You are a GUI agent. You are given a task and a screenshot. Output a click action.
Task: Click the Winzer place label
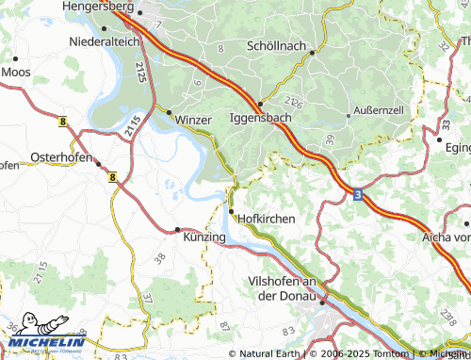click(195, 120)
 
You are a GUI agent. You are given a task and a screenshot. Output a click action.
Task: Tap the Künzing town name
click(204, 237)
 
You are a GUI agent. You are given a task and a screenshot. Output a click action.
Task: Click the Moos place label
click(16, 71)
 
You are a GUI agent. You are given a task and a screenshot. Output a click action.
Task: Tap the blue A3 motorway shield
click(358, 193)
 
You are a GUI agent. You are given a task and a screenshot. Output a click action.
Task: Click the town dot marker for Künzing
click(177, 229)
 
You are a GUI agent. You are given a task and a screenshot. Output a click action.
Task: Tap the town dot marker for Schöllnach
click(312, 53)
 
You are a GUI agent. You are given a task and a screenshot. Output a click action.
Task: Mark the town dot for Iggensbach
click(259, 104)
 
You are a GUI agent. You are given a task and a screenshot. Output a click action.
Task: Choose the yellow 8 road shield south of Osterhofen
click(112, 176)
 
